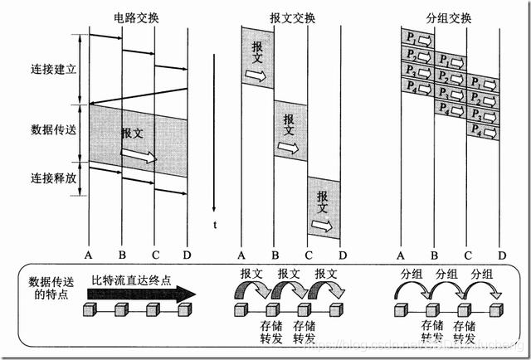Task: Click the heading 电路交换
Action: pos(138,17)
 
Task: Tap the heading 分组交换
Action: pos(451,17)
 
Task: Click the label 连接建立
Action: pos(52,69)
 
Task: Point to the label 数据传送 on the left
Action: pos(52,130)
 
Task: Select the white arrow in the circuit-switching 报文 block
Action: pos(138,155)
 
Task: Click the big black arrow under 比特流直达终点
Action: pos(141,293)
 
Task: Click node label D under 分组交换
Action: pos(501,255)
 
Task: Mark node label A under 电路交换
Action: pos(89,255)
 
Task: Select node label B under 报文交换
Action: pos(275,255)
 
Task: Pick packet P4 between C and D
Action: pos(484,129)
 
